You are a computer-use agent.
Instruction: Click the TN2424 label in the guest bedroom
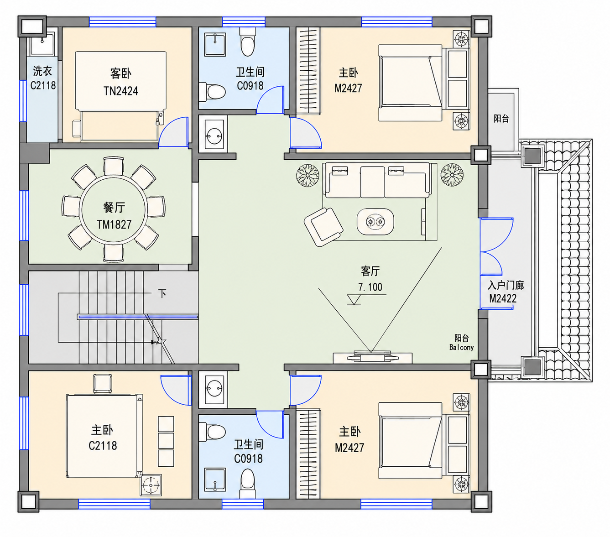click(120, 91)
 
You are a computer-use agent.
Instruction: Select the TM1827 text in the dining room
click(114, 224)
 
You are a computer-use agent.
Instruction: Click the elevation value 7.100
click(370, 287)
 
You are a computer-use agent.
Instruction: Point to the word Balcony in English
click(461, 347)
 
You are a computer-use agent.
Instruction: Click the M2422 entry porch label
click(502, 298)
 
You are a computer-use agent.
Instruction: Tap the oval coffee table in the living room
click(375, 222)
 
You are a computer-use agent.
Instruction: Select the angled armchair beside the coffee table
click(323, 227)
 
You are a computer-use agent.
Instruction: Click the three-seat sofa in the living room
click(377, 180)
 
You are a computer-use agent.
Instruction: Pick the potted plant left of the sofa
click(308, 175)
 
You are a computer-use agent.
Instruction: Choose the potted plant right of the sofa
click(452, 175)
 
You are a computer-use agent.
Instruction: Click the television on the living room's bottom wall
click(372, 356)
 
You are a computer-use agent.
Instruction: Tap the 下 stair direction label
click(162, 293)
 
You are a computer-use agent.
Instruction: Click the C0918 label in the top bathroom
click(250, 86)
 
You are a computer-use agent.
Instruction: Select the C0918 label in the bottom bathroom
click(248, 459)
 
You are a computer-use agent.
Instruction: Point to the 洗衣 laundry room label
click(42, 71)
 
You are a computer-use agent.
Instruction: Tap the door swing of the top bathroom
click(270, 100)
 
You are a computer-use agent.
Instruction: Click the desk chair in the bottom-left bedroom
click(102, 384)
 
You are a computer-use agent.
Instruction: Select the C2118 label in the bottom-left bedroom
click(103, 445)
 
